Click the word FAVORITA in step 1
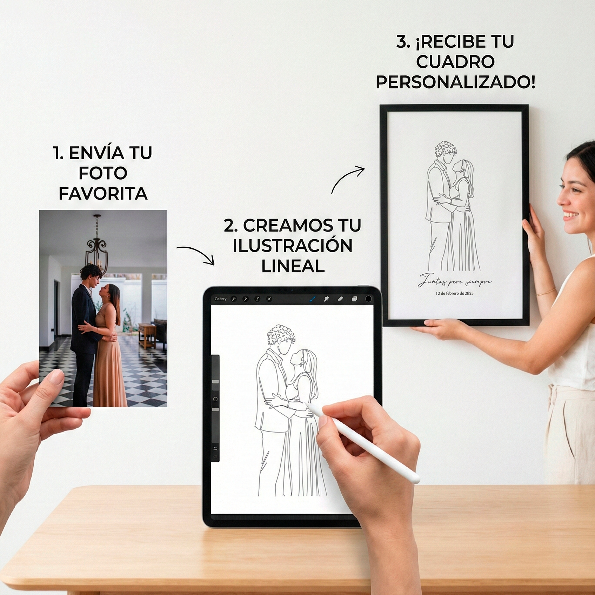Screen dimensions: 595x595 103,193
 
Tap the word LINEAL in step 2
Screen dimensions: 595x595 293,266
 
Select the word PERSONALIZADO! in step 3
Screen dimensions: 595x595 455,82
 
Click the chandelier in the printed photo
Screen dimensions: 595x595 97,246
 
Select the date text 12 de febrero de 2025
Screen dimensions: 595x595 454,293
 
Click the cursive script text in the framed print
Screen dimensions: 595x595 454,281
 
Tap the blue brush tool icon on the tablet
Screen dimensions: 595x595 313,299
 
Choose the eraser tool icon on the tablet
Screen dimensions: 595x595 340,299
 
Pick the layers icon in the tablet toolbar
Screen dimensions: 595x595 354,299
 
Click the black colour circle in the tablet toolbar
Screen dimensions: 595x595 368,299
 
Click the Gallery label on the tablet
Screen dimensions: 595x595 220,299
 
